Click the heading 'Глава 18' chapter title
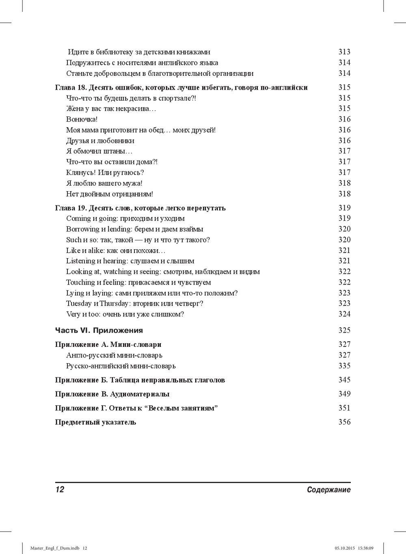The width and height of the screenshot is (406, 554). (x=181, y=88)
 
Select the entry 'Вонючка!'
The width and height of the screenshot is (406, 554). (x=82, y=119)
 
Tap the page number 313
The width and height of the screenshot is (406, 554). (x=344, y=52)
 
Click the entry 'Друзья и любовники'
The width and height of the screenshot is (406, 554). (x=100, y=141)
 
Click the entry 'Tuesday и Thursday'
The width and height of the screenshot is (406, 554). (x=135, y=304)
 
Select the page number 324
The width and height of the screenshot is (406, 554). (x=344, y=314)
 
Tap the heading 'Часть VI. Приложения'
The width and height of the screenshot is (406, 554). (x=99, y=330)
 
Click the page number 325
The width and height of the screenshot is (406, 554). (x=344, y=330)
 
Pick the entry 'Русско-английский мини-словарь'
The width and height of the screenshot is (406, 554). (x=121, y=366)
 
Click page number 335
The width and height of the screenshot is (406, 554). (x=344, y=366)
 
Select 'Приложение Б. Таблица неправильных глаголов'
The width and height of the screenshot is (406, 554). (x=140, y=380)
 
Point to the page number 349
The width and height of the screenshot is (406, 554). (x=344, y=394)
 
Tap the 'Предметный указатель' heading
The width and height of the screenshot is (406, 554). (x=95, y=422)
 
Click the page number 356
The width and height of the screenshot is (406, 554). (x=344, y=422)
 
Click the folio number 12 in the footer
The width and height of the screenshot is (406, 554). (x=60, y=490)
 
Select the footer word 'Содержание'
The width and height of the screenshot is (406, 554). (x=328, y=490)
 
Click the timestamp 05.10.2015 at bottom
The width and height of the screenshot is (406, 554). (x=345, y=548)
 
